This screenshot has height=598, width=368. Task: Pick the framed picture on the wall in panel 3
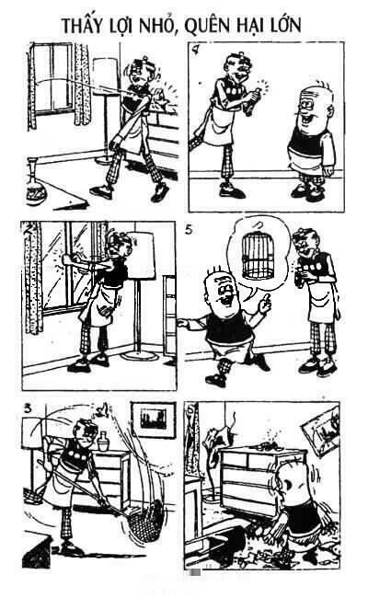[154, 420]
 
